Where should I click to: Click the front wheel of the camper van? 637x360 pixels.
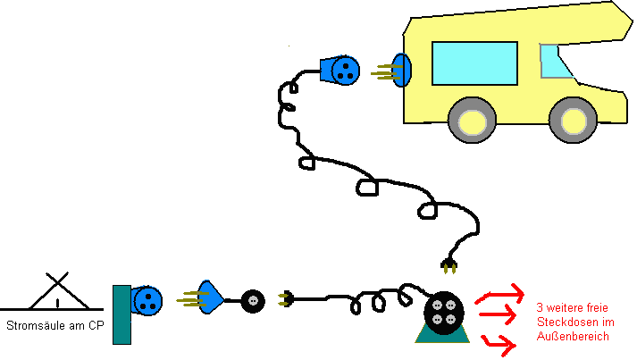click(x=573, y=121)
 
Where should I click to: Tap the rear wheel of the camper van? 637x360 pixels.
click(x=472, y=121)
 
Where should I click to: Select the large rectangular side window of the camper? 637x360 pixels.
click(x=474, y=63)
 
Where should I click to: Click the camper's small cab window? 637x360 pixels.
click(x=555, y=61)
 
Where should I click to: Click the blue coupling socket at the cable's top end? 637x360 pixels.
click(x=340, y=71)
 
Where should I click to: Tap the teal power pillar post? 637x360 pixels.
click(x=122, y=315)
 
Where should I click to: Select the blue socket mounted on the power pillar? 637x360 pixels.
click(x=147, y=301)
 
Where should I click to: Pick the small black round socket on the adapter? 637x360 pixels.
click(x=253, y=301)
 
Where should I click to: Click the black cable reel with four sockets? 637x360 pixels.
click(x=443, y=313)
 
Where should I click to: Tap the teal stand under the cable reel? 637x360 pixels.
click(x=442, y=335)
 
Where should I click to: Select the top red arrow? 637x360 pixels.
click(x=500, y=293)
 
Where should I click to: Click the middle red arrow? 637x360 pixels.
click(x=498, y=314)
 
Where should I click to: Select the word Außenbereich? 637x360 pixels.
click(x=573, y=337)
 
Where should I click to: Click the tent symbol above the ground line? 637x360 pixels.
click(x=58, y=291)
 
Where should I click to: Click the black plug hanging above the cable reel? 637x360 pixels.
click(x=448, y=265)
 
